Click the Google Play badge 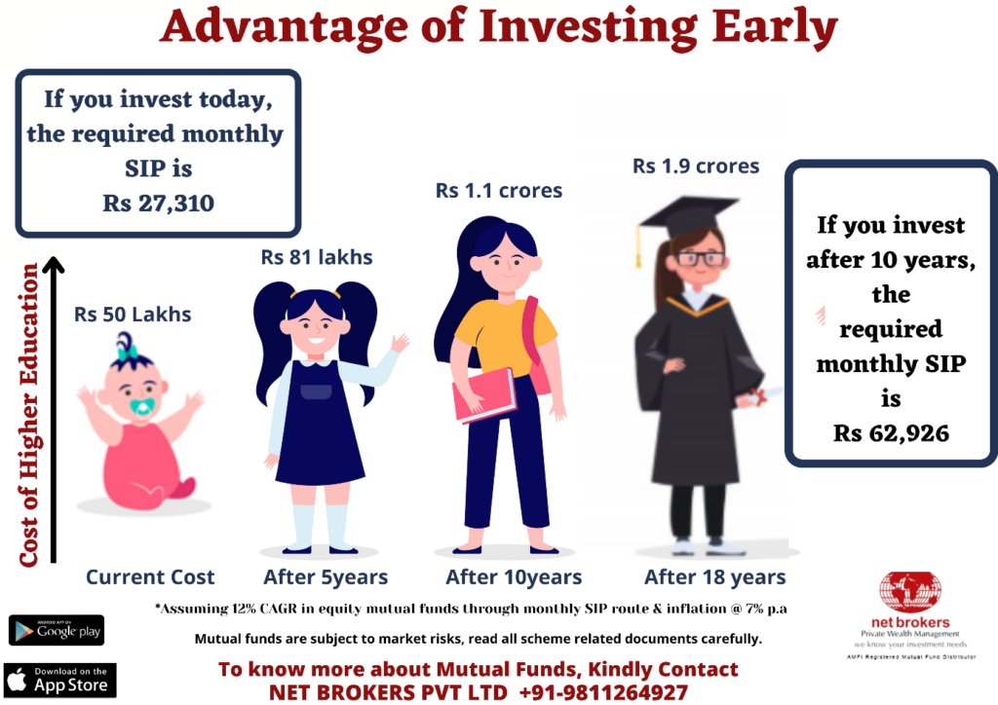pyautogui.click(x=56, y=631)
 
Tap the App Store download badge pyautogui.click(x=59, y=680)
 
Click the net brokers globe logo pyautogui.click(x=910, y=592)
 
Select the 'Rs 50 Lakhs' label pyautogui.click(x=133, y=315)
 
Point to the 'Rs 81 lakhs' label pyautogui.click(x=317, y=257)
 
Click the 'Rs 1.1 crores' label pyautogui.click(x=498, y=190)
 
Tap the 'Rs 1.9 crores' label pyautogui.click(x=696, y=166)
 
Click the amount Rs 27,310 pyautogui.click(x=159, y=204)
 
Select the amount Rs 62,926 pyautogui.click(x=891, y=433)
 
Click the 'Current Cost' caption pyautogui.click(x=150, y=577)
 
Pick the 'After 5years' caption pyautogui.click(x=326, y=577)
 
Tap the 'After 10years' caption pyautogui.click(x=514, y=577)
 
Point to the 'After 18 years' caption pyautogui.click(x=714, y=577)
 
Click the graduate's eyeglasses pyautogui.click(x=701, y=258)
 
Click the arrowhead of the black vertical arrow pyautogui.click(x=55, y=265)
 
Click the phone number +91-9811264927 pyautogui.click(x=603, y=691)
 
